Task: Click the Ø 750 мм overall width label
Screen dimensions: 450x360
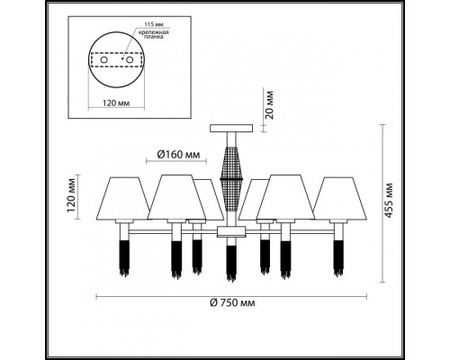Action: [232, 303]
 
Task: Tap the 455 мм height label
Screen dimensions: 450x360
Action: [389, 200]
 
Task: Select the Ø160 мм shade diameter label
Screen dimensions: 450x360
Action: [178, 155]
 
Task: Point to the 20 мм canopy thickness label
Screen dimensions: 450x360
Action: [270, 104]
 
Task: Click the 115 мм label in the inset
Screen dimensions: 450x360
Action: [154, 24]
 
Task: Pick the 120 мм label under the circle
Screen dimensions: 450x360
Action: [116, 103]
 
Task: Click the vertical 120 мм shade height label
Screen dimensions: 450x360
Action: [71, 195]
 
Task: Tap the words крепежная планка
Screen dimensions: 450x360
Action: [153, 34]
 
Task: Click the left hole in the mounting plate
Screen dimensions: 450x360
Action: [103, 60]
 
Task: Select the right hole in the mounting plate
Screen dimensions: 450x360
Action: [130, 60]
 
